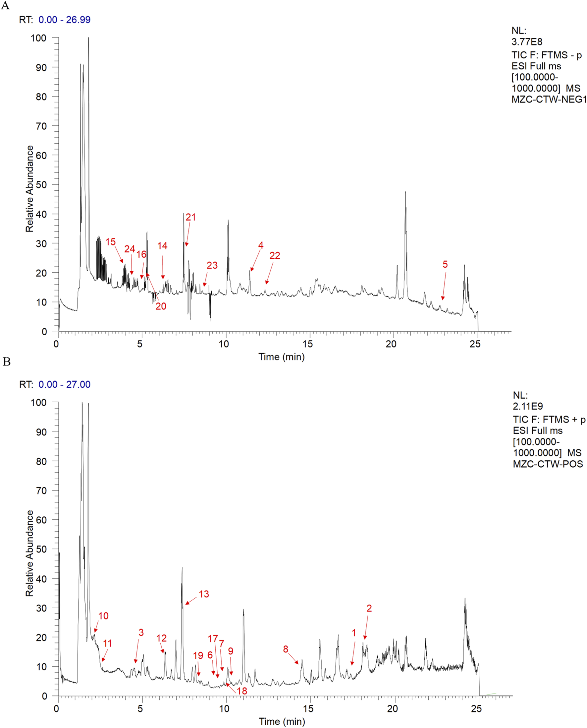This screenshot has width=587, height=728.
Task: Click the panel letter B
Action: pos(6,362)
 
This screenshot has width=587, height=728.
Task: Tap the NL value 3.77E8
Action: pos(527,42)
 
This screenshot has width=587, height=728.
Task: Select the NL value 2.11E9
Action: pos(528,406)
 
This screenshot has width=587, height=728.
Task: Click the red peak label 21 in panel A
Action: pos(191,217)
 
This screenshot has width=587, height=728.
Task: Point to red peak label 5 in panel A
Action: pos(445,264)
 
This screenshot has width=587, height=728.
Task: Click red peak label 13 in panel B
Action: pos(204,594)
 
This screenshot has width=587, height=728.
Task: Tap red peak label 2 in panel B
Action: pos(369,608)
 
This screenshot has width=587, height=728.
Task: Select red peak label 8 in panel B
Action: pos(286,649)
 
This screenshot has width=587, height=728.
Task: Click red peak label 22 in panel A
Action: pos(275,255)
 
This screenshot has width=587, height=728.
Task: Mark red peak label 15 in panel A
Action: pos(111,242)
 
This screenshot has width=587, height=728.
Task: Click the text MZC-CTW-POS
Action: pos(548,464)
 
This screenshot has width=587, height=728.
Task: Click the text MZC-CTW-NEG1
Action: pos(549,99)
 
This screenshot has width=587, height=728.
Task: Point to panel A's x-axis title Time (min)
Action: pos(281,357)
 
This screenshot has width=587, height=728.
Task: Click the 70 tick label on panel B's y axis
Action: pos(41,491)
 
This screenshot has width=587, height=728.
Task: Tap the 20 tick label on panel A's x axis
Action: pos(391,344)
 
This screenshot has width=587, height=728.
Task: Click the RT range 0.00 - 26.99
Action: pos(65,20)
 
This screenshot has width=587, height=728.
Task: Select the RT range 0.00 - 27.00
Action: pos(65,384)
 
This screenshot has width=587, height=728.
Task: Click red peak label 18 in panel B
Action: pos(242,691)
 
